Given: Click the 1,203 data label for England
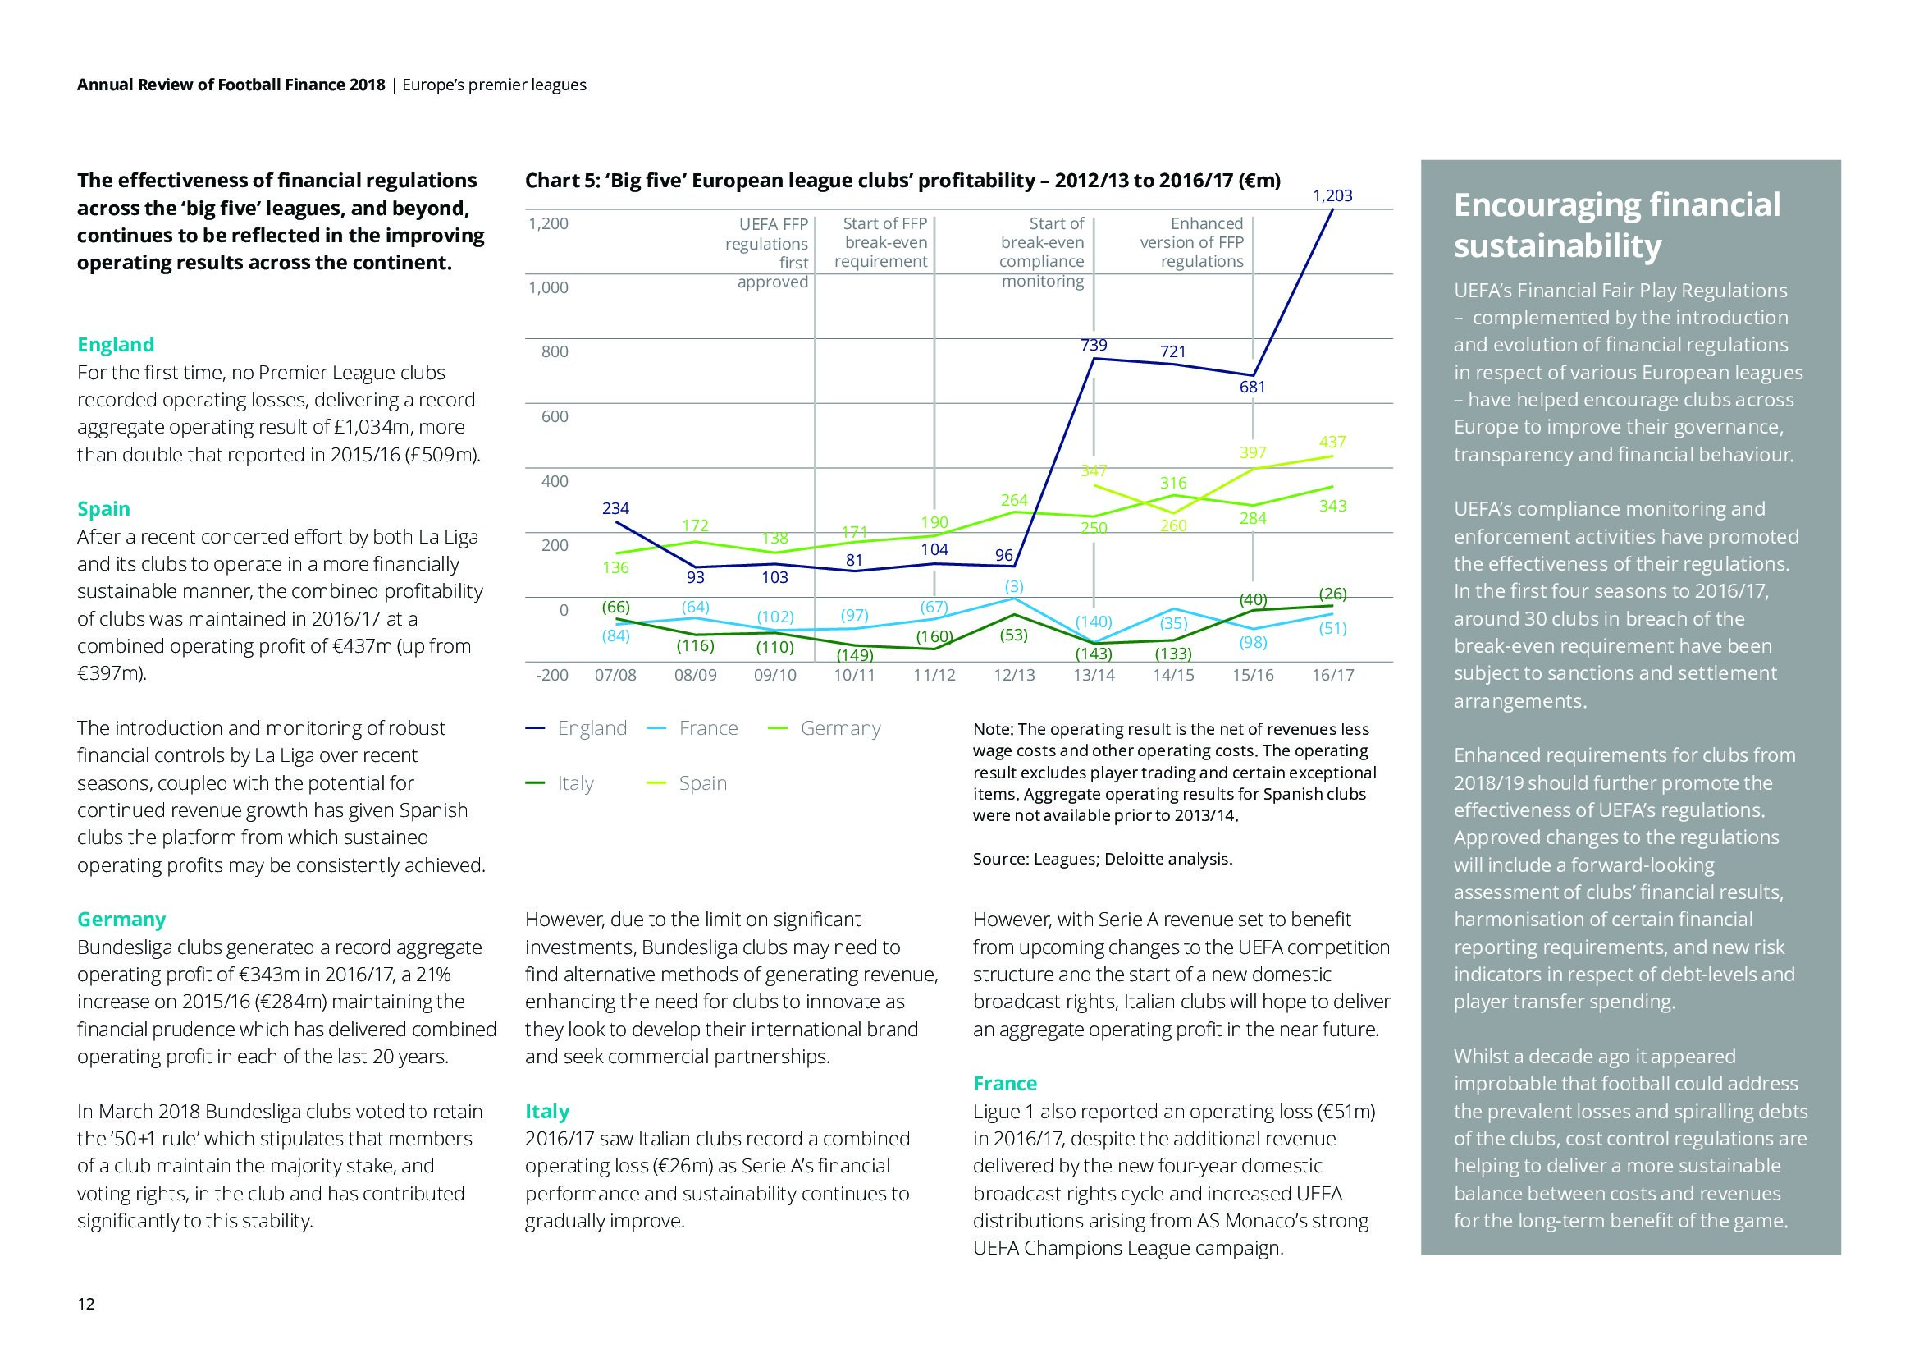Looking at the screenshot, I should tap(1332, 195).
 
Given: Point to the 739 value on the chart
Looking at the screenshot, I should tap(1093, 345).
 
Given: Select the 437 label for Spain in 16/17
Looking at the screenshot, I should tap(1332, 442).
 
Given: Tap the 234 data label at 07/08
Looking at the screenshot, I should tap(615, 508).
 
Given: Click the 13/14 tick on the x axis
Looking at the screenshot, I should tap(1093, 675).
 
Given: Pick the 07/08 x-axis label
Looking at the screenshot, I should tap(615, 675).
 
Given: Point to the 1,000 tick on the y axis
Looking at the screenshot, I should tap(547, 287).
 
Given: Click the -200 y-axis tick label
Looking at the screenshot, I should tap(551, 675).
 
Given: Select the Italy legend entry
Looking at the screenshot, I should tap(575, 783).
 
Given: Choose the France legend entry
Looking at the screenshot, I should tap(708, 728).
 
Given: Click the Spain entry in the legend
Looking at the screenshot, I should tap(702, 783).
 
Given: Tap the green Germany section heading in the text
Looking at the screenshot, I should tap(121, 919).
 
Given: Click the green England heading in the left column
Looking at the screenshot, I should tap(116, 345).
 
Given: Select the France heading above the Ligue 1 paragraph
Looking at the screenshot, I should tap(1005, 1084).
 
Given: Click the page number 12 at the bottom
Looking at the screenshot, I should tap(86, 1304).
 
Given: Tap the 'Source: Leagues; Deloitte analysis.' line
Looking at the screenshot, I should tap(1103, 859).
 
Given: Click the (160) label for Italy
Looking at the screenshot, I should tap(934, 636).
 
